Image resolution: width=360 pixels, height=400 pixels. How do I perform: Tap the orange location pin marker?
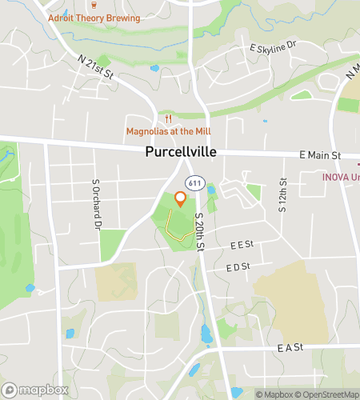181,199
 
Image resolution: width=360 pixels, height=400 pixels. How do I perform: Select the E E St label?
240,245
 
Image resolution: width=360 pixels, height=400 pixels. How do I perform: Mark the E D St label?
238,266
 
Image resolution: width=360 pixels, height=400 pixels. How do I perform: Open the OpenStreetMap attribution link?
329,394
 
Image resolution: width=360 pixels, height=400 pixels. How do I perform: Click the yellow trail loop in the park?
178,226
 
